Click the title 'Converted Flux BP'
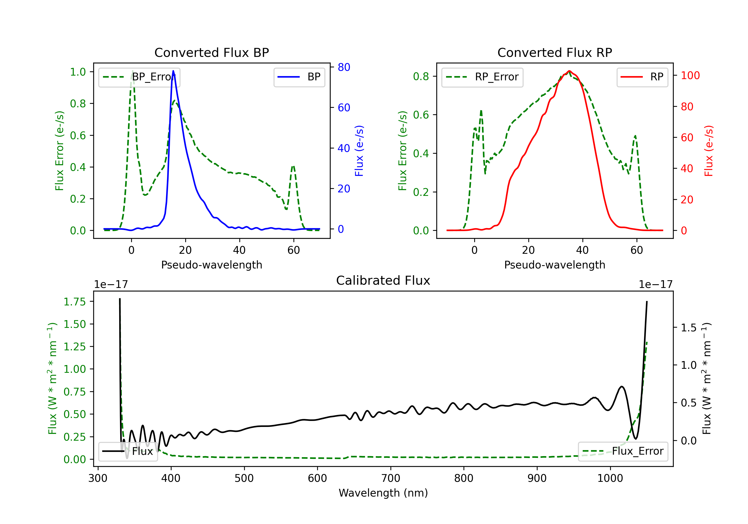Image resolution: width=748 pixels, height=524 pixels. click(212, 52)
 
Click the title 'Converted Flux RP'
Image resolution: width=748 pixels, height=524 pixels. click(555, 52)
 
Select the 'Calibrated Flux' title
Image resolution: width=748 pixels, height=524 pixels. click(383, 280)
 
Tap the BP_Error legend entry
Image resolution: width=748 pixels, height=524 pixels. click(139, 77)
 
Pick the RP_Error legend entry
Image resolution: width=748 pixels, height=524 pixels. click(482, 77)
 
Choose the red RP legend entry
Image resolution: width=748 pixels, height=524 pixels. click(642, 77)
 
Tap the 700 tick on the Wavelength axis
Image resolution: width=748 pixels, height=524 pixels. click(391, 478)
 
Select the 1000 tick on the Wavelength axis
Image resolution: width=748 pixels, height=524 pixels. click(610, 478)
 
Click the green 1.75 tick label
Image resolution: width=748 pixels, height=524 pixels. click(75, 302)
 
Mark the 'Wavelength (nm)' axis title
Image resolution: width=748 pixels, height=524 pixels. click(383, 493)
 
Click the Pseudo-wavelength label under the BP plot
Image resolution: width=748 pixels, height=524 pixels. click(212, 265)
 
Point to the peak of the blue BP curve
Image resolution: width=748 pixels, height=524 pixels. click(173, 71)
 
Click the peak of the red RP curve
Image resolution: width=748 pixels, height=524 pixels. click(569, 71)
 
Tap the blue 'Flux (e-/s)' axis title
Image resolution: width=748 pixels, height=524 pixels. click(359, 151)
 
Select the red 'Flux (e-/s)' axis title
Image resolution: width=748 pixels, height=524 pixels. click(709, 151)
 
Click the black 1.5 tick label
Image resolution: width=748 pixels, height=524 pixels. click(689, 327)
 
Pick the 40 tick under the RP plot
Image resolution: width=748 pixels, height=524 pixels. click(582, 250)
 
